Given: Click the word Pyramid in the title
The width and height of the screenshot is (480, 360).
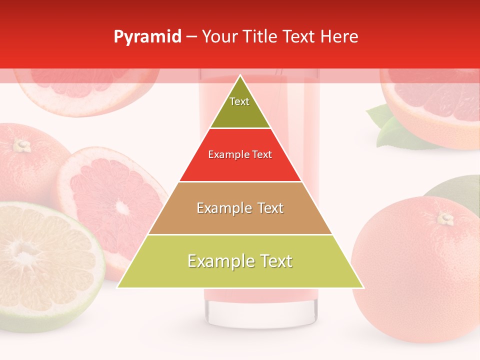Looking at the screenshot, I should click(x=147, y=37).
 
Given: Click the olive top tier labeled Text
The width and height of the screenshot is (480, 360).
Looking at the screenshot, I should click(x=239, y=106).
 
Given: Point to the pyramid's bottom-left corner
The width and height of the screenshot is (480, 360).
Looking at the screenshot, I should click(x=117, y=287).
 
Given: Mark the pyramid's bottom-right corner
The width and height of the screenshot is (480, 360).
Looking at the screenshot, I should click(x=363, y=287).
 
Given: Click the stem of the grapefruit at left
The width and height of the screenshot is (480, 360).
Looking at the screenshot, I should click(x=21, y=145).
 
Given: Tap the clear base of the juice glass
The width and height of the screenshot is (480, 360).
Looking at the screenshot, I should click(x=260, y=312).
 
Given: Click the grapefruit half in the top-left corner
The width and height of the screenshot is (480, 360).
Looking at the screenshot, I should click(x=85, y=87).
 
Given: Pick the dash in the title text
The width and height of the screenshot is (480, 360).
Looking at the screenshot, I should click(x=191, y=37).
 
